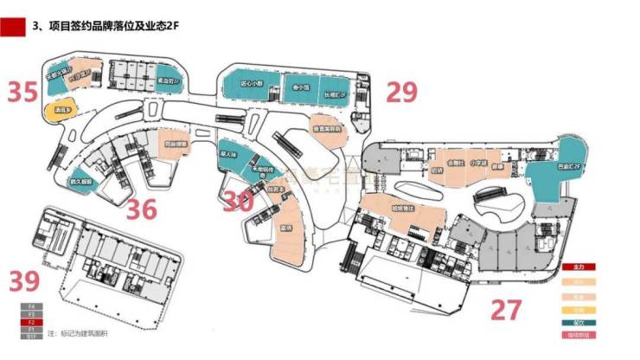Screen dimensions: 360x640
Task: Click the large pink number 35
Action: coord(23,92)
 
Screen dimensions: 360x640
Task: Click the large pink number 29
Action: coord(400,91)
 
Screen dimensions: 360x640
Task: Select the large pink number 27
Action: coord(510,309)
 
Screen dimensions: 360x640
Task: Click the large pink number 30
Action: coord(238,201)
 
